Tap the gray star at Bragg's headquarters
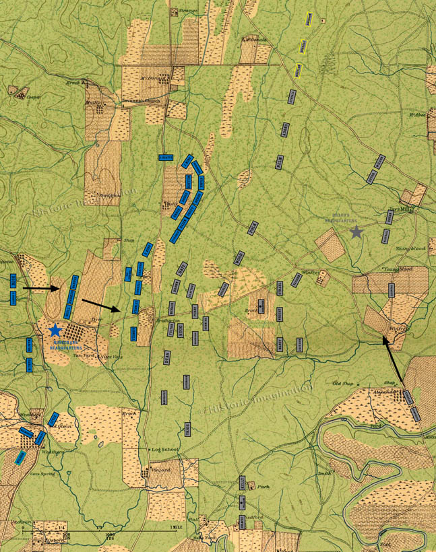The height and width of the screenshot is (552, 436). (356, 232)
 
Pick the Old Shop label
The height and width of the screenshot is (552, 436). (343, 384)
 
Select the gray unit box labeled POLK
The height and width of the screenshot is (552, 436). (253, 228)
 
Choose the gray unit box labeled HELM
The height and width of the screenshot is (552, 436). (278, 162)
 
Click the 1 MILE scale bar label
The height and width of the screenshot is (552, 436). (178, 526)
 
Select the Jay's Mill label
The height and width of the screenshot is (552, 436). (406, 209)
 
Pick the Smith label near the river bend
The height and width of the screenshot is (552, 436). (324, 474)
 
